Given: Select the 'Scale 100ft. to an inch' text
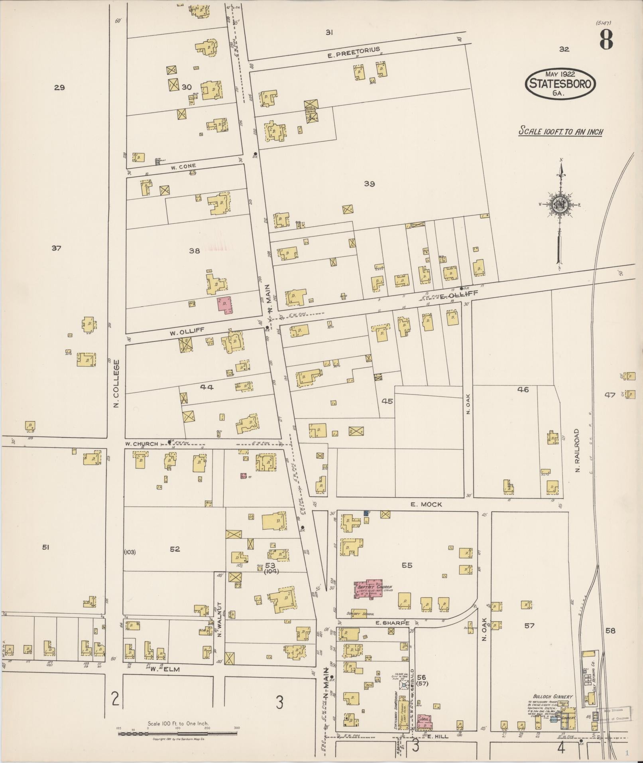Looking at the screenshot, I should pyautogui.click(x=560, y=131).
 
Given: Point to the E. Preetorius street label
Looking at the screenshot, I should pyautogui.click(x=354, y=53).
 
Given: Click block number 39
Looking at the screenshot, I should pyautogui.click(x=370, y=184).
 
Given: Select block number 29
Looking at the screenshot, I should pyautogui.click(x=59, y=87).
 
